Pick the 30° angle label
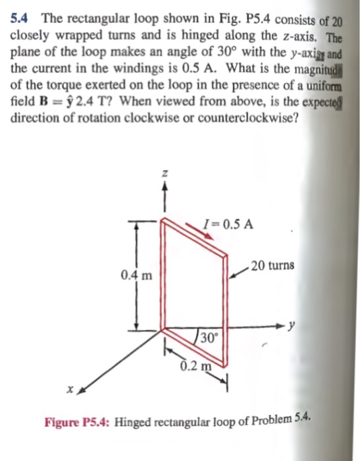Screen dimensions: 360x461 (x=207, y=339)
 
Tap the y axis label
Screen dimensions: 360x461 (x=300, y=325)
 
